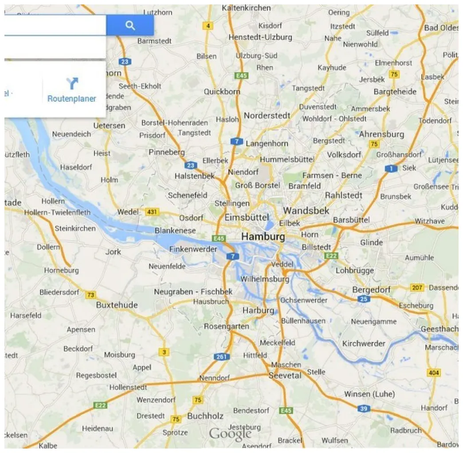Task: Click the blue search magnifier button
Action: pos(130,25)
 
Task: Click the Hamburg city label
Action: pos(263,236)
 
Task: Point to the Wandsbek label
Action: pos(306,210)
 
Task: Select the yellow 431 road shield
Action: pos(152,212)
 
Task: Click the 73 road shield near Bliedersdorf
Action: pos(91,295)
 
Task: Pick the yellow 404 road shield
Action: pos(434,373)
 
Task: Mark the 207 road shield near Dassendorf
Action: pos(417,288)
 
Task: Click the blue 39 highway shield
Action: pos(364,409)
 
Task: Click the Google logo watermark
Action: pos(230,433)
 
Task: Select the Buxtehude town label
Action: pos(117,305)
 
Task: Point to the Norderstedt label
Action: pos(267,115)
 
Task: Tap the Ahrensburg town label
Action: pos(381,134)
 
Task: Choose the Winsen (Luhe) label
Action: pos(369,394)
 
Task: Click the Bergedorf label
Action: pos(371,290)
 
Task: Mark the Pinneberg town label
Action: pos(166,152)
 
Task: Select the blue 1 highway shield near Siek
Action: pos(391,169)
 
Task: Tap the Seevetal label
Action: pos(285,375)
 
